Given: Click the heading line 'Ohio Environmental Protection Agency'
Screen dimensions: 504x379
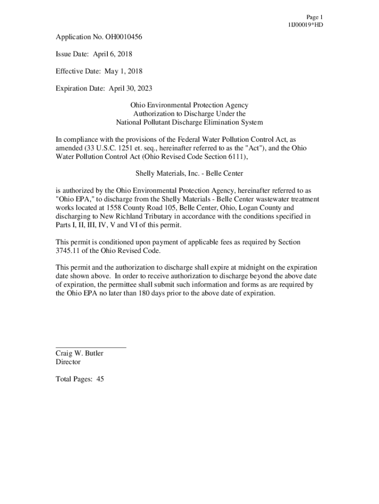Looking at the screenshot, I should (x=189, y=105).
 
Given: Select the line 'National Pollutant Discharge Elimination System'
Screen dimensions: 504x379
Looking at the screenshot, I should (x=189, y=122).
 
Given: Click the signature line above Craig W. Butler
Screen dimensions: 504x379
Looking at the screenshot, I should (x=91, y=347).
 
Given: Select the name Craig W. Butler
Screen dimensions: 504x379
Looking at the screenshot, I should (x=79, y=353).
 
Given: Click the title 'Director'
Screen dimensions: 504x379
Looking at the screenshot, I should (x=68, y=362).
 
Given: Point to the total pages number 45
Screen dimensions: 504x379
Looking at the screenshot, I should (x=99, y=379).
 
